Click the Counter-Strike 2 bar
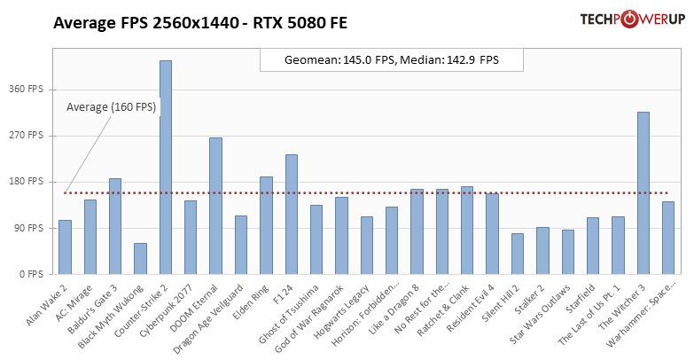point(165,168)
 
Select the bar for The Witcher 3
point(643,193)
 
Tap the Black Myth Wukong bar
point(140,258)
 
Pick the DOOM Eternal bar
point(215,206)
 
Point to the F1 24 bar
point(291,215)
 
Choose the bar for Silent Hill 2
point(518,254)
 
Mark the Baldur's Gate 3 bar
point(115,226)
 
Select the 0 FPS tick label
point(33,274)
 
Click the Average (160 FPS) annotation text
point(112,107)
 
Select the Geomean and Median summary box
point(392,60)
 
